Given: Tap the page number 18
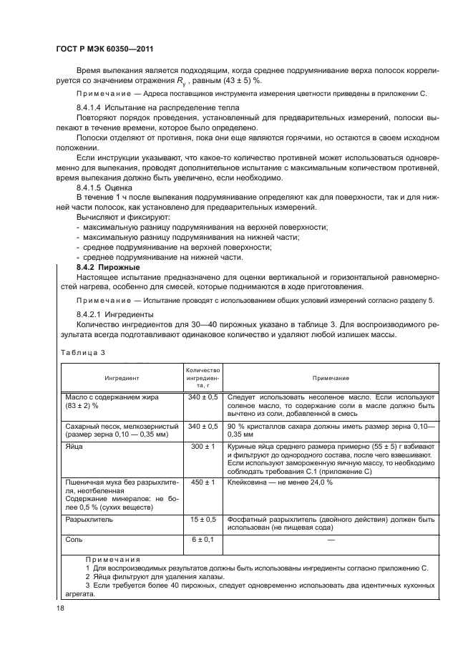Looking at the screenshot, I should pos(60,607).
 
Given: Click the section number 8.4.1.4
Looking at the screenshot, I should pos(91,107).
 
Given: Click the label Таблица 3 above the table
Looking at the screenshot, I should pos(82,352).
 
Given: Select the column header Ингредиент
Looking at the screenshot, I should pos(121,377).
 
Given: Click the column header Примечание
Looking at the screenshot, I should pos(330,377).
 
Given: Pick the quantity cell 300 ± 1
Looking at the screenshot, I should pos(203,446).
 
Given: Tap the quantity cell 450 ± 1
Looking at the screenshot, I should pos(203,482).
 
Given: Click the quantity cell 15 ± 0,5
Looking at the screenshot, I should pos(203,519).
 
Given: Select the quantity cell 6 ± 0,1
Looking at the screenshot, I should pos(203,538).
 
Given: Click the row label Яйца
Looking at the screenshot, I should pos(74,446).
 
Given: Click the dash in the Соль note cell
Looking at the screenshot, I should pos(330,539).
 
